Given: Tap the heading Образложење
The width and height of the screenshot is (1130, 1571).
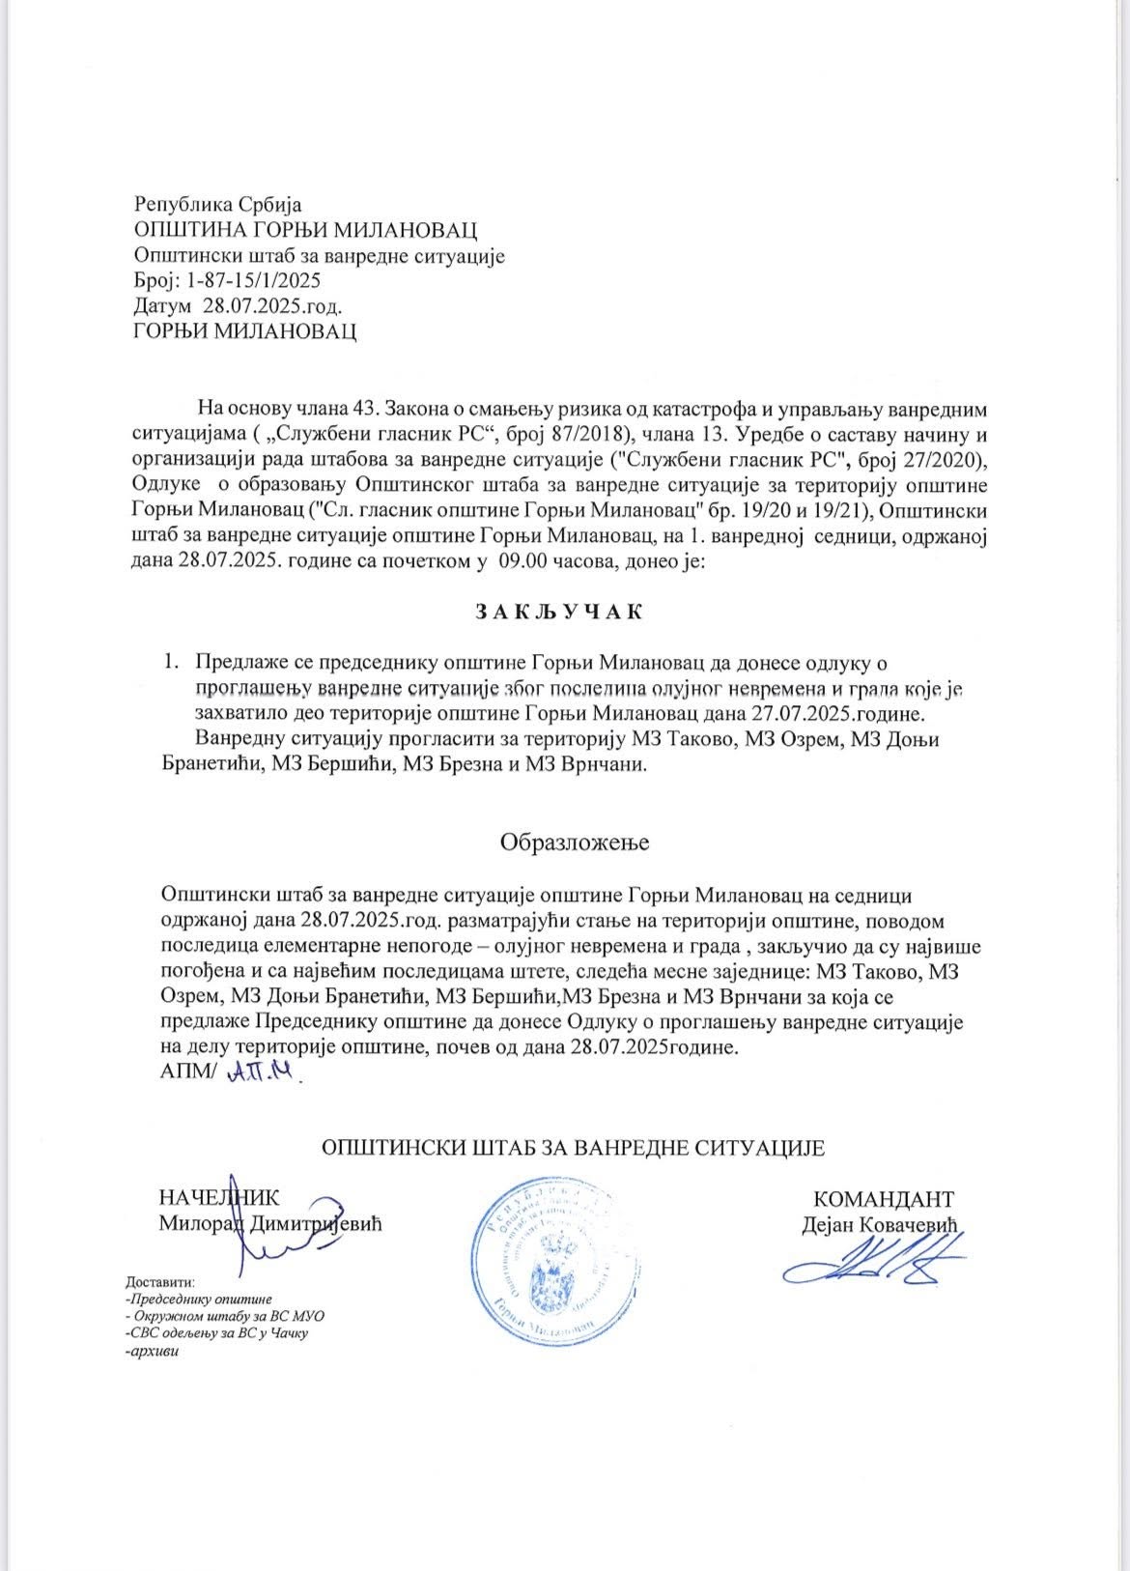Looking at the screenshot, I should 574,841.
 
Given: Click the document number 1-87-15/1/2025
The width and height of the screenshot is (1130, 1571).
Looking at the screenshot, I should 248,281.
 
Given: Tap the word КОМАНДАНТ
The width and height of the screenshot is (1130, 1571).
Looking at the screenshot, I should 884,1199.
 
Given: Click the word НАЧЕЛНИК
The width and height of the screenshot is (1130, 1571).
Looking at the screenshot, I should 219,1198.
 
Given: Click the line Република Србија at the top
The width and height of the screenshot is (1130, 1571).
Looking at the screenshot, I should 218,205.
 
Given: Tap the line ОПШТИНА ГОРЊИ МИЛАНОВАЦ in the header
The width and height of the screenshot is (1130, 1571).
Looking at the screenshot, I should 305,231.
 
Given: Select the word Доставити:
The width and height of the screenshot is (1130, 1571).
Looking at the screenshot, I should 160,1282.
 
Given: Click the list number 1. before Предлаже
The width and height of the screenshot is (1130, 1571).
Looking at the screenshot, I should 171,663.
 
